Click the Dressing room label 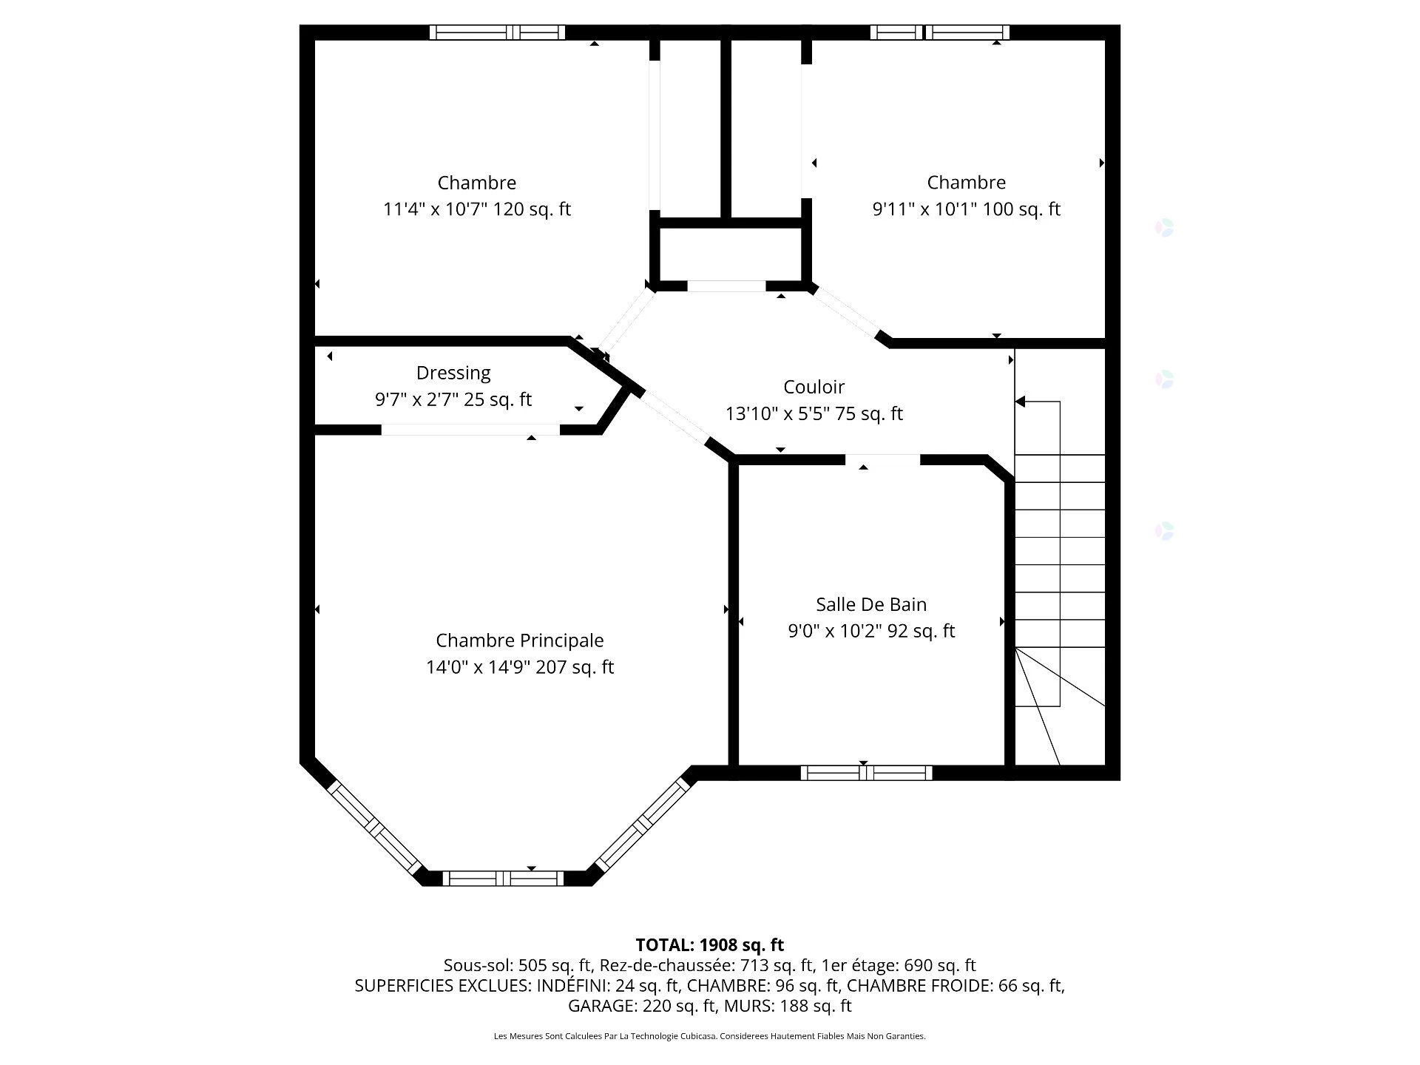tap(453, 373)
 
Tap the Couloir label tap(814, 387)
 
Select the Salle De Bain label tap(870, 604)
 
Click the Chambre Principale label tap(519, 640)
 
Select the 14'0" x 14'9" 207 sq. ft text tap(519, 667)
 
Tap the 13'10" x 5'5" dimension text tap(777, 413)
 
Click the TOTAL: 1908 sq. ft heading tap(709, 944)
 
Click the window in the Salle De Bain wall tap(866, 773)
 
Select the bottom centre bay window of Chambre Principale tap(503, 879)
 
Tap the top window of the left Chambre tap(497, 33)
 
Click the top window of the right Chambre tap(939, 33)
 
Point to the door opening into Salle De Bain tap(882, 459)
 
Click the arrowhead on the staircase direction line tap(1020, 402)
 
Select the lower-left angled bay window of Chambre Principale tap(374, 826)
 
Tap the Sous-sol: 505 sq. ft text tap(518, 965)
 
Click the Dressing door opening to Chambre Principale tap(470, 430)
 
